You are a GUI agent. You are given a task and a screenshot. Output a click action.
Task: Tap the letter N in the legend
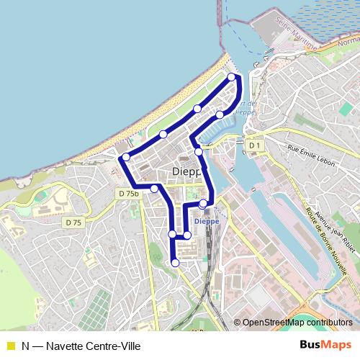point(25,346)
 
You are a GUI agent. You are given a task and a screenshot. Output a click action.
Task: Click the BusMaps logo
point(325,345)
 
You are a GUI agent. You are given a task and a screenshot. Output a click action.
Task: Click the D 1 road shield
point(253,145)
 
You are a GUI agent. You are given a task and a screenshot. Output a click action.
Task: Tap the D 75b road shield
point(127,194)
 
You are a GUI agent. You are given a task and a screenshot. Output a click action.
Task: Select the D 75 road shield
point(72,222)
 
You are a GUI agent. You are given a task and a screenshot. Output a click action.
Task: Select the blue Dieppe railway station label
point(207,222)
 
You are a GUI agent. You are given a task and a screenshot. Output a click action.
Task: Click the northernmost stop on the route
point(232,77)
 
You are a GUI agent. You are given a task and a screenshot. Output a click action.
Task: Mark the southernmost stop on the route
point(174,263)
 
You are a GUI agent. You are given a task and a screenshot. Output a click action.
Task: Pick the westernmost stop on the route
point(126,157)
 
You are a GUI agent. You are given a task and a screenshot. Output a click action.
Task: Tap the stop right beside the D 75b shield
point(154,189)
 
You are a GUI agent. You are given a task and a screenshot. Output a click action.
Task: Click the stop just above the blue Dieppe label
point(204,204)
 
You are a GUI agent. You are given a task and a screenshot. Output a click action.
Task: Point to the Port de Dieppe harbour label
point(243,108)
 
